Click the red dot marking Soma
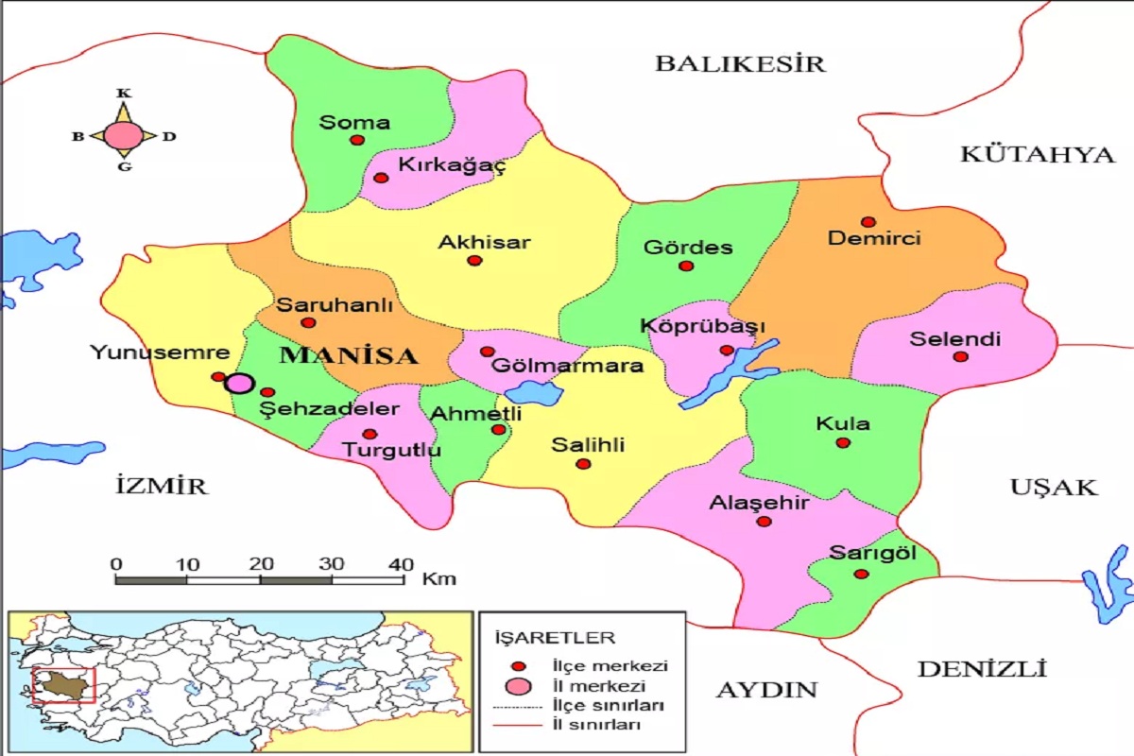click(357, 140)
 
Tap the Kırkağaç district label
click(452, 165)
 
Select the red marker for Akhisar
click(474, 261)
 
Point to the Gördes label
click(688, 248)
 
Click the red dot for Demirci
click(868, 222)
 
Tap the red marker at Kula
click(843, 442)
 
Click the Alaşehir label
click(759, 503)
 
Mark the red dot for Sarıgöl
click(860, 574)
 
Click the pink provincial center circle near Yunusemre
click(240, 383)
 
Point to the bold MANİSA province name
click(349, 356)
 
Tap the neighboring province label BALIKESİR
click(740, 63)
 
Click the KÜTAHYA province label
click(1037, 154)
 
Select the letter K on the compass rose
click(123, 93)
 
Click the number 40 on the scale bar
click(401, 564)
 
